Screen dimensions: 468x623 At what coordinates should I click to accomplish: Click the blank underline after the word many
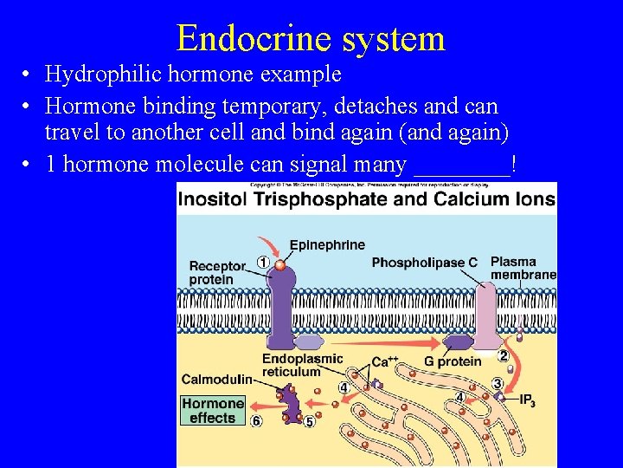(x=463, y=165)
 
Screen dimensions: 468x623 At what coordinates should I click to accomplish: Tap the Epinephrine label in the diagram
(x=327, y=245)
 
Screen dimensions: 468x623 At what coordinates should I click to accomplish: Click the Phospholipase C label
(x=424, y=263)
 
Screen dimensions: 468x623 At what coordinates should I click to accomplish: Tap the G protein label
(x=453, y=361)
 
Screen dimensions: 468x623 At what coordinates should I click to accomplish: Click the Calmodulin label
(x=216, y=379)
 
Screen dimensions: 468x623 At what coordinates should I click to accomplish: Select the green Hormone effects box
(x=213, y=411)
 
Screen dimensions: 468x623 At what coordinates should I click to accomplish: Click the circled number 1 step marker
(x=262, y=263)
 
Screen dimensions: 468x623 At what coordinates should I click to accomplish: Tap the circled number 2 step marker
(x=503, y=355)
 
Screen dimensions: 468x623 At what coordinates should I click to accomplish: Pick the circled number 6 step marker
(x=256, y=421)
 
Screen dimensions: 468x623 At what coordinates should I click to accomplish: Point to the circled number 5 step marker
(x=309, y=422)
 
